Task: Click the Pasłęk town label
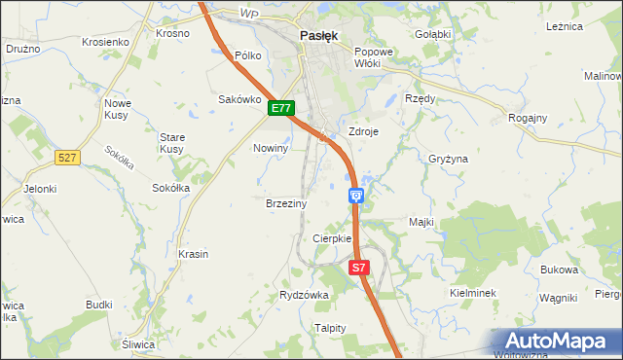318,35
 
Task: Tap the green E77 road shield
281,109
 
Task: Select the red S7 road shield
359,267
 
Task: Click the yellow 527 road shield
67,156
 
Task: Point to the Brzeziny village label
286,204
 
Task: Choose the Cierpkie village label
331,239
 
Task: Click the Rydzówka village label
305,295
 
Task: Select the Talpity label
330,328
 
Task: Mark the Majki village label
421,222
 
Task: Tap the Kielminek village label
473,293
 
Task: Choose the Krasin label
194,254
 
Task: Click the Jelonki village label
41,189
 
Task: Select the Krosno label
172,32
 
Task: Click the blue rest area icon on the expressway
356,197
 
